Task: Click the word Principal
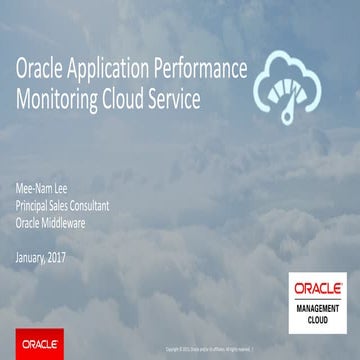coord(39,206)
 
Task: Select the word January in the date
coord(38,255)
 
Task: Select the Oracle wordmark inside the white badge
coord(318,286)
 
